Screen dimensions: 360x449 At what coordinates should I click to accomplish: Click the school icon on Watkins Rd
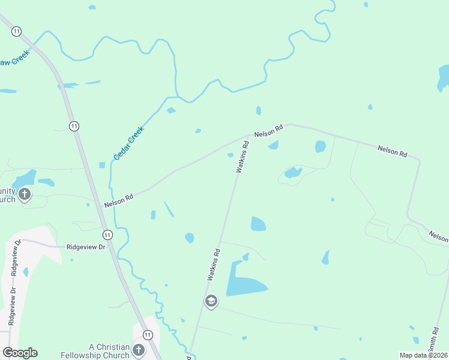tap(211, 301)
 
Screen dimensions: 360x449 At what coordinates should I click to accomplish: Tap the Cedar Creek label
tap(129, 143)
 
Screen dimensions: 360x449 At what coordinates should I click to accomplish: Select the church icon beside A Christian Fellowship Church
tap(139, 350)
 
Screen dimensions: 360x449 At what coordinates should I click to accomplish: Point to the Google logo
tap(20, 353)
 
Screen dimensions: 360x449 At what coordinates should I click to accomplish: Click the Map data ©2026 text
tap(423, 355)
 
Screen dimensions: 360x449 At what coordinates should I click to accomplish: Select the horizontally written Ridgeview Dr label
tap(86, 247)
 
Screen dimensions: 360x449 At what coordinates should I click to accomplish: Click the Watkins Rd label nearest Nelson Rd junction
tap(242, 157)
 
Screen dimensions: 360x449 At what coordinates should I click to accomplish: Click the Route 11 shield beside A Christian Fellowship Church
tap(148, 334)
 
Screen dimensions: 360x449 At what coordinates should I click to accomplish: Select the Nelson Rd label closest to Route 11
tap(118, 200)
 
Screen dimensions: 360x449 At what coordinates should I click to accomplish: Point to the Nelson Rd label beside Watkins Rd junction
tap(268, 131)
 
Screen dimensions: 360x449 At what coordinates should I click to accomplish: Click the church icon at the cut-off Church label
tap(25, 194)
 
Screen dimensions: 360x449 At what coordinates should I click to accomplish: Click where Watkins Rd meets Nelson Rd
tap(248, 135)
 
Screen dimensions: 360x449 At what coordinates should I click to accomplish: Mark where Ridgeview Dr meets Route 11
tap(113, 247)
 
